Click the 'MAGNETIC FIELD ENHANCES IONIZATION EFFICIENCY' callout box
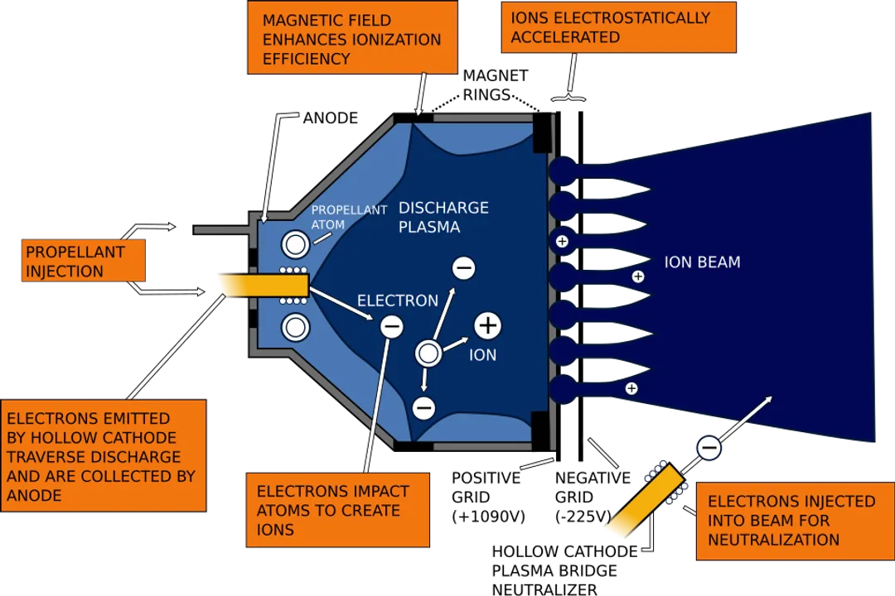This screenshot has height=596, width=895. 351,38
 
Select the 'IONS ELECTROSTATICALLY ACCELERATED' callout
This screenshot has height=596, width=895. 618,27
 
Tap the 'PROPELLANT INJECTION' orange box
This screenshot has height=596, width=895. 83,262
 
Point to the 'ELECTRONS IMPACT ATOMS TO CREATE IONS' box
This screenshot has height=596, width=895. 337,510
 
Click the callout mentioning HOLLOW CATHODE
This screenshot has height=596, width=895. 103,456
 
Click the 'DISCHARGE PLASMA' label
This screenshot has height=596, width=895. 443,217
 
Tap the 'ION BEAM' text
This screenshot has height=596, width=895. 702,262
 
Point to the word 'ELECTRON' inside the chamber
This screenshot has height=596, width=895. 397,300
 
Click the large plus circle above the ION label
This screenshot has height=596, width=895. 487,326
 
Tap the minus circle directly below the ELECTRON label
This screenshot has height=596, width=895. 391,327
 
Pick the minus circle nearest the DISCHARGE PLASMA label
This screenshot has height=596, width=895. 463,268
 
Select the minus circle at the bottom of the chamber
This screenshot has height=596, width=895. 423,408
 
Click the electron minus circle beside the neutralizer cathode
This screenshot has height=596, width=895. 709,449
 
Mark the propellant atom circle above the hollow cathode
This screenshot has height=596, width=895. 294,244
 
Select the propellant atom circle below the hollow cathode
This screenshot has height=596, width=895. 294,328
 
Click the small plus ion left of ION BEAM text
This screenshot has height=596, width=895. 637,276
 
